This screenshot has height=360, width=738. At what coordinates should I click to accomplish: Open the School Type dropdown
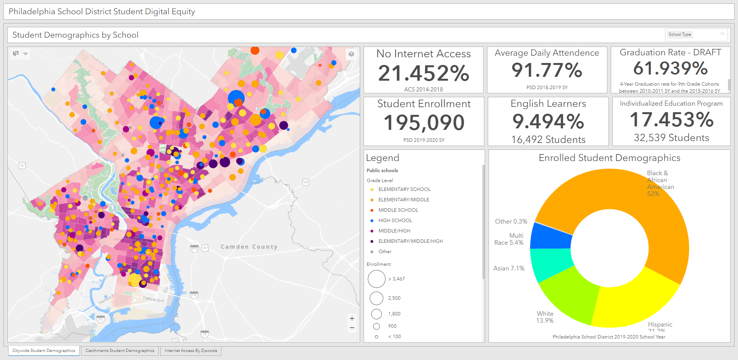[696, 35]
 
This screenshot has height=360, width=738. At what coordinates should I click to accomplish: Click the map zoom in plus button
[352, 319]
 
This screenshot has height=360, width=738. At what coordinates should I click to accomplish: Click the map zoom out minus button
[352, 328]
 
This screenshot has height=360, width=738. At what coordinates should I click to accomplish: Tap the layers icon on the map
[351, 54]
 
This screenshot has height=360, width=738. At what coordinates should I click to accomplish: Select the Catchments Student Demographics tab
[120, 351]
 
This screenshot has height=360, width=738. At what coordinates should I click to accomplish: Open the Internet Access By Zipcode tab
[191, 351]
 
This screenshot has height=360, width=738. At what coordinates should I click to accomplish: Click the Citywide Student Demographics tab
[44, 351]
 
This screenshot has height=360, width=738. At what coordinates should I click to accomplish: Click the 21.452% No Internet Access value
[424, 73]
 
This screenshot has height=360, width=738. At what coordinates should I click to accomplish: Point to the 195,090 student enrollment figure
[424, 123]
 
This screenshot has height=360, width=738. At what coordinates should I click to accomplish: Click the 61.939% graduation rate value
[670, 69]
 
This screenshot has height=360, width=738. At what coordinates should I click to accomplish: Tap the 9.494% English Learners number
[548, 122]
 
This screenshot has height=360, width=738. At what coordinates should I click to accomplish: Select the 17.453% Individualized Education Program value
[671, 120]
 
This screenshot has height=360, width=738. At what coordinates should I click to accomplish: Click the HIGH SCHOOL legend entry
[395, 221]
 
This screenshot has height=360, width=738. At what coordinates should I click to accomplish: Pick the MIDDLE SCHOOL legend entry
[398, 210]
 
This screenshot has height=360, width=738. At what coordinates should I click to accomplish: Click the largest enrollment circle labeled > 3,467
[377, 279]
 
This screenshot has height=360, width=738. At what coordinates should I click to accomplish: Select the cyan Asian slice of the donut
[550, 265]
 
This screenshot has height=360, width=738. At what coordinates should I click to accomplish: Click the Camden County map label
[249, 247]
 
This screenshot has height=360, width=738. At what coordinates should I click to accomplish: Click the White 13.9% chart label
[545, 317]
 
